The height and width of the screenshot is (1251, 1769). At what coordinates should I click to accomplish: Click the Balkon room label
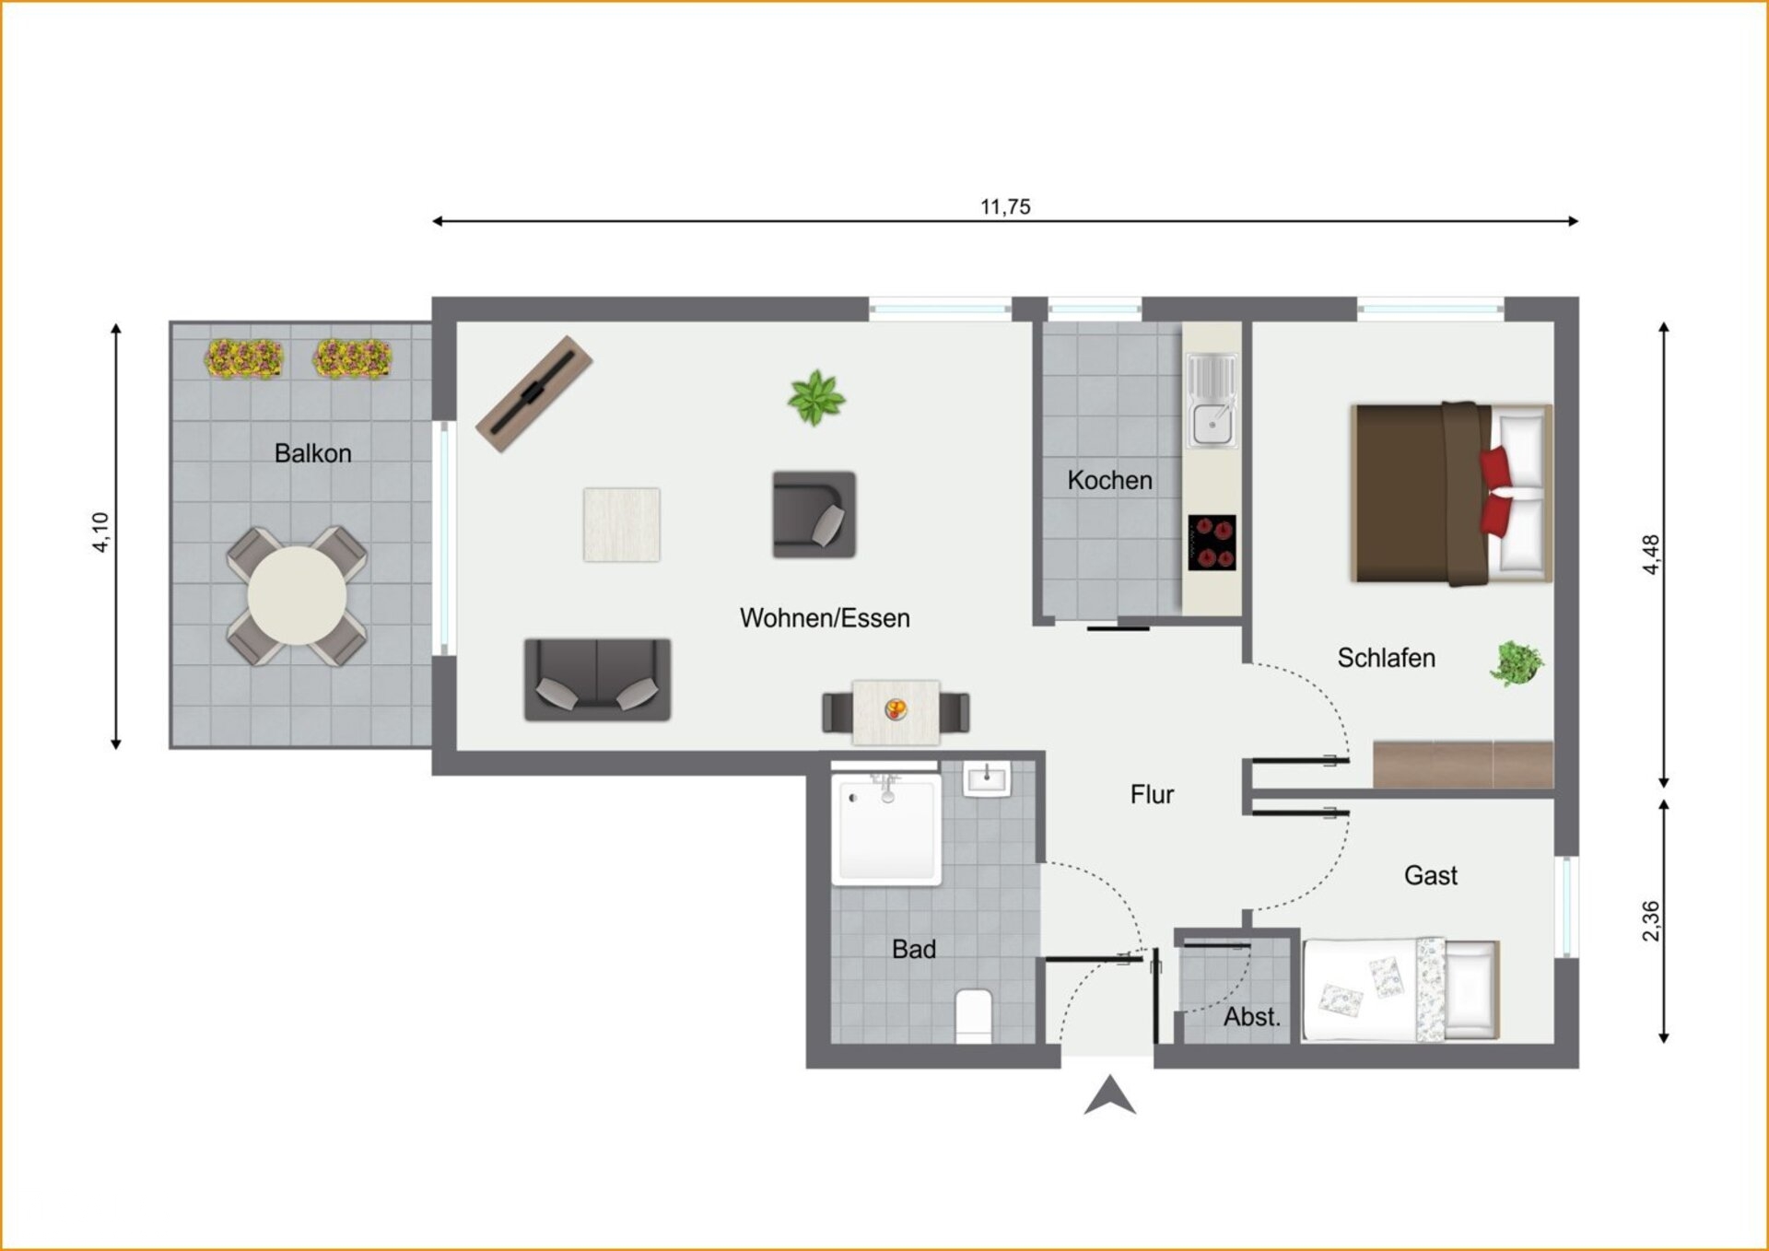[x=312, y=453]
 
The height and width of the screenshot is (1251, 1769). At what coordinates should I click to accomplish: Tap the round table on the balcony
[x=297, y=596]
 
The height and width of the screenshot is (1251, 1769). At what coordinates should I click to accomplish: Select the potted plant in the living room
[x=816, y=398]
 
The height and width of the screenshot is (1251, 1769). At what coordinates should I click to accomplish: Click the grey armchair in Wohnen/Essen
[x=814, y=515]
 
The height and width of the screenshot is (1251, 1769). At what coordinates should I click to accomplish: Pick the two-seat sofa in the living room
[x=597, y=679]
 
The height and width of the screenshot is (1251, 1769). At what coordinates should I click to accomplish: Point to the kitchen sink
[x=1212, y=401]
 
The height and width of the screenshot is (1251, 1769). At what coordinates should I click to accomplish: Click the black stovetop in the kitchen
[x=1212, y=543]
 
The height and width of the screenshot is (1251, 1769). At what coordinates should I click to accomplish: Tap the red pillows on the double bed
[x=1495, y=491]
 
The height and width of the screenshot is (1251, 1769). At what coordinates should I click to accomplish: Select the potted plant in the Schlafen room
[x=1516, y=663]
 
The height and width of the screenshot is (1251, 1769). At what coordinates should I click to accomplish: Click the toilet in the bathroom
[x=973, y=1016]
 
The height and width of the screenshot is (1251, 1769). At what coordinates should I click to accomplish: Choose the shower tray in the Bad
[x=886, y=829]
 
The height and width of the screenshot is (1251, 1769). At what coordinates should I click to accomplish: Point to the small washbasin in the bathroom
[x=987, y=778]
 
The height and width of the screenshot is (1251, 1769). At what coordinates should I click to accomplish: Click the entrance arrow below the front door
[x=1109, y=1095]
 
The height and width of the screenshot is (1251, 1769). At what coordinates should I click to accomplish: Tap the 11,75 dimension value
[x=1005, y=206]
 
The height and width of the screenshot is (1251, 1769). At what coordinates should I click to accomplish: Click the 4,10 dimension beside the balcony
[x=100, y=532]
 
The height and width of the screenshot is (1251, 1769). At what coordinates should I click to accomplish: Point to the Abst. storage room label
[x=1252, y=1017]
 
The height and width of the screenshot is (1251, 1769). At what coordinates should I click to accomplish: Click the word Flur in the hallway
[x=1152, y=794]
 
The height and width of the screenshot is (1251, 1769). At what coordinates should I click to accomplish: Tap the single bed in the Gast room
[x=1401, y=990]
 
